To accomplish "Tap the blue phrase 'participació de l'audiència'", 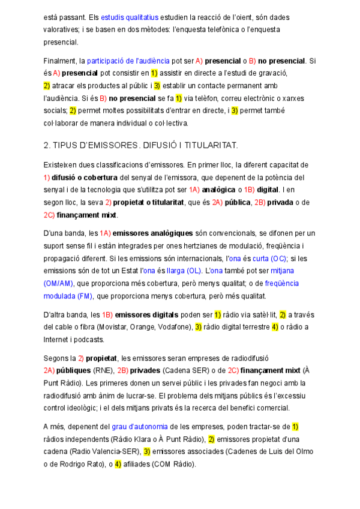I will click(x=128, y=61).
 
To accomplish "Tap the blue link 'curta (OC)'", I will click(x=269, y=258).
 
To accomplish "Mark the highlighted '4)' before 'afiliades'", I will click(x=118, y=464).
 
